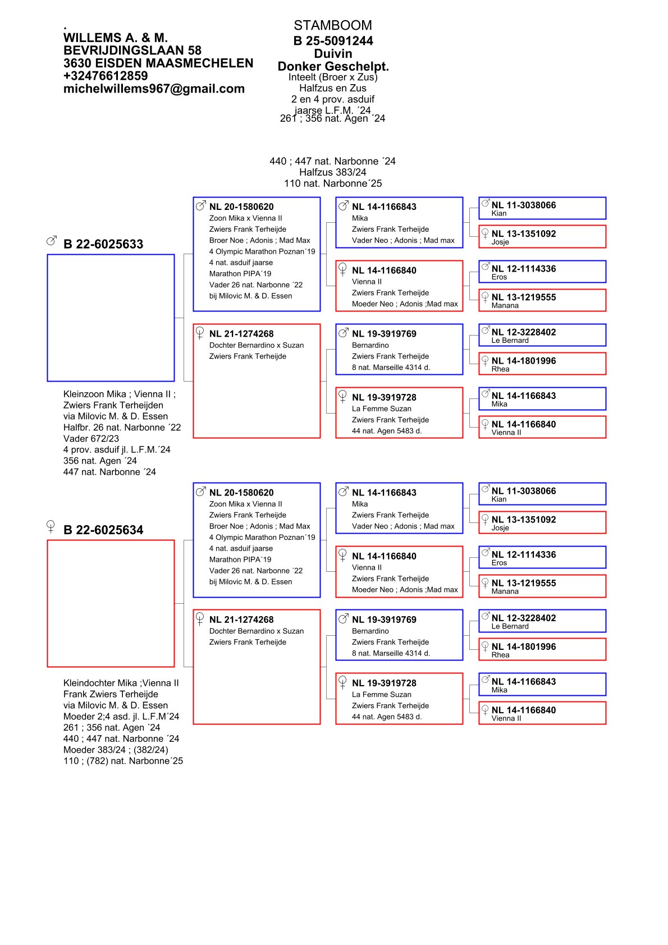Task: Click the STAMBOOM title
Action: tap(332, 25)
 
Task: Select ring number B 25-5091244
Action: tap(333, 41)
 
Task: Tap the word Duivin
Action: tap(333, 54)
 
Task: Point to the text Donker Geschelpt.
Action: tap(333, 66)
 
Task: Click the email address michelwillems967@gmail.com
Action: tap(154, 89)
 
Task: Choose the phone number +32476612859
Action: tap(106, 76)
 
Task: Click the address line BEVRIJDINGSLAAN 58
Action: tap(132, 51)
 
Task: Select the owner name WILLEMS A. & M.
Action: tap(115, 38)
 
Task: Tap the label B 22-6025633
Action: tap(103, 244)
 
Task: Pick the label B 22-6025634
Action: tap(103, 530)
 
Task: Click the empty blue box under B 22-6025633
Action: tap(111, 318)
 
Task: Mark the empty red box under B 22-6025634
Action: tap(111, 603)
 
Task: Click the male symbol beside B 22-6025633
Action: tap(52, 241)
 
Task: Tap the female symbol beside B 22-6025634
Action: tap(51, 526)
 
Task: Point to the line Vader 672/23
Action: tap(91, 439)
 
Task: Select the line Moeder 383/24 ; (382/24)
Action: tap(116, 750)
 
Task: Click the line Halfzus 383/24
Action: tap(332, 172)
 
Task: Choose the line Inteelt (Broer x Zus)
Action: tap(333, 77)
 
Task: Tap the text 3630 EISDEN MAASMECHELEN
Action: tap(158, 63)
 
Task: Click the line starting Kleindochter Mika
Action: tap(121, 683)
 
